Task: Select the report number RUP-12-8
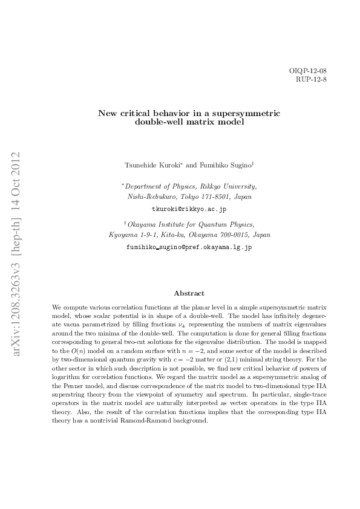point(311,79)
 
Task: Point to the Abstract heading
point(189,293)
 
